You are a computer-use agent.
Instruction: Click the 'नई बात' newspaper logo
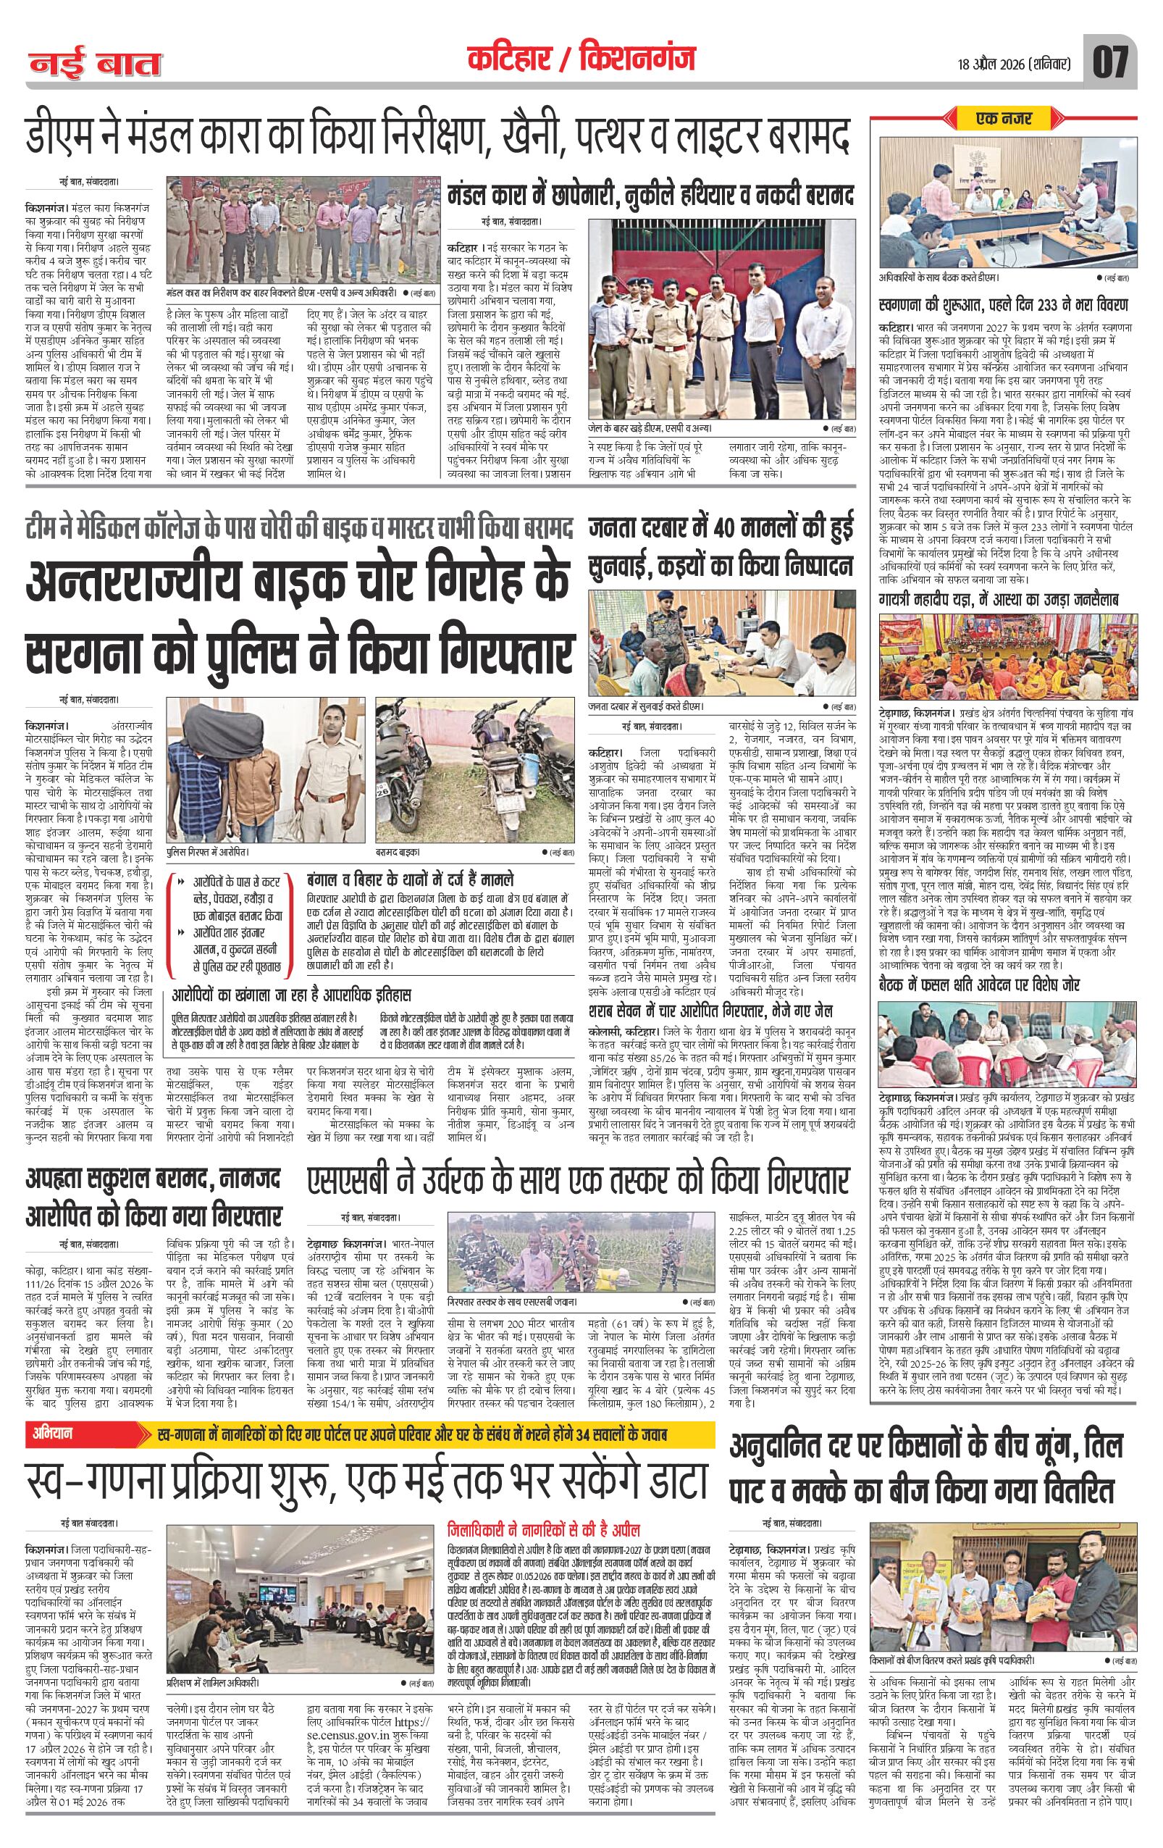(96, 64)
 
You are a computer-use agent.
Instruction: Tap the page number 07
(1111, 62)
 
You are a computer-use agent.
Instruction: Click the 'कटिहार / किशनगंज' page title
(581, 59)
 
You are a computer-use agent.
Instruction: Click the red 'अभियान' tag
(54, 1434)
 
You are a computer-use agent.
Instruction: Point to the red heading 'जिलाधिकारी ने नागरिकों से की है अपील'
(544, 1507)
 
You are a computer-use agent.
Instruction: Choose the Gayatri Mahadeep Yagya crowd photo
(1005, 655)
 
